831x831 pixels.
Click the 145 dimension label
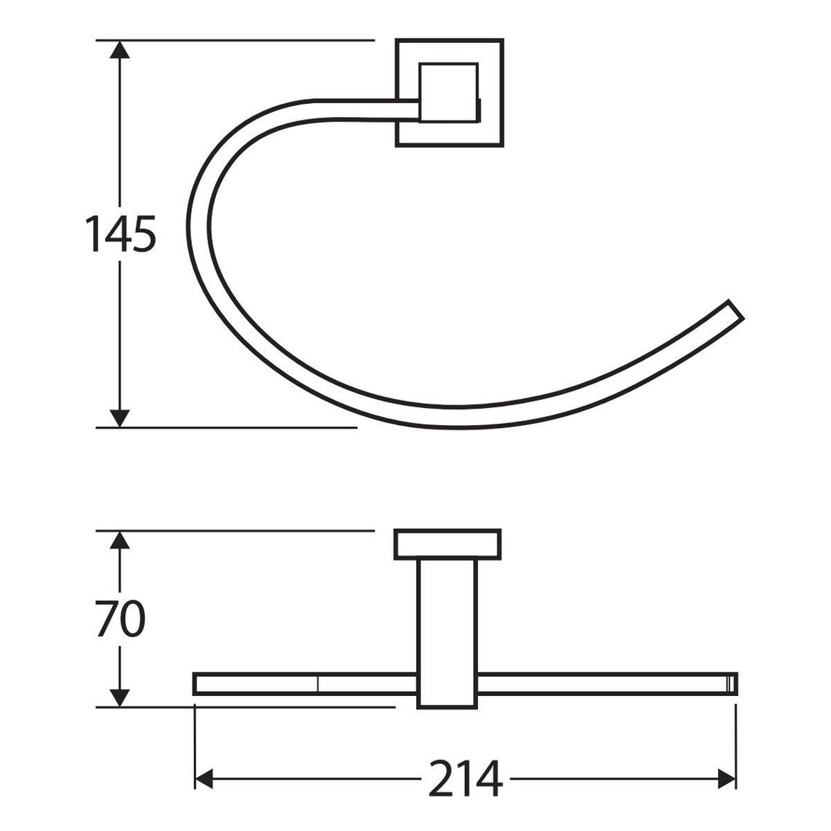(x=120, y=234)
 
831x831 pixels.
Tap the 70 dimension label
(x=120, y=618)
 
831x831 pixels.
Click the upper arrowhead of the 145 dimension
(x=119, y=50)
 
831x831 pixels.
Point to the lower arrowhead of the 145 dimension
(x=119, y=418)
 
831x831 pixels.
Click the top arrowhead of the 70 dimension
(x=119, y=540)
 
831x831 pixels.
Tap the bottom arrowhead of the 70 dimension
(x=119, y=698)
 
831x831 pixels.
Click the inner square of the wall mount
(x=449, y=93)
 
